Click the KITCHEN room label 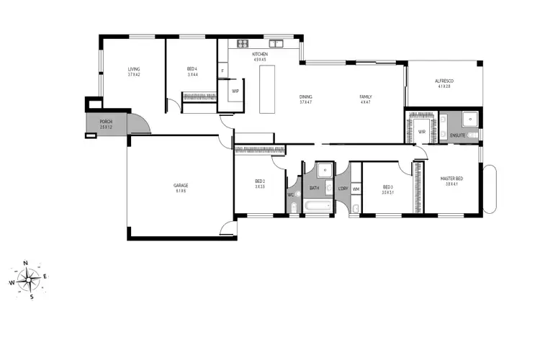260,55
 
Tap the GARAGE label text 180,185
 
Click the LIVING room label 134,69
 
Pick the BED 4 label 192,69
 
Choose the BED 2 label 261,181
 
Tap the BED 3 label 388,186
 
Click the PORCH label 107,121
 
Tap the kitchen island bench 267,89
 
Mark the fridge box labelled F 222,71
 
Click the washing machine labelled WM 356,189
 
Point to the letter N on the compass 25,264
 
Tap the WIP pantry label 235,91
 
